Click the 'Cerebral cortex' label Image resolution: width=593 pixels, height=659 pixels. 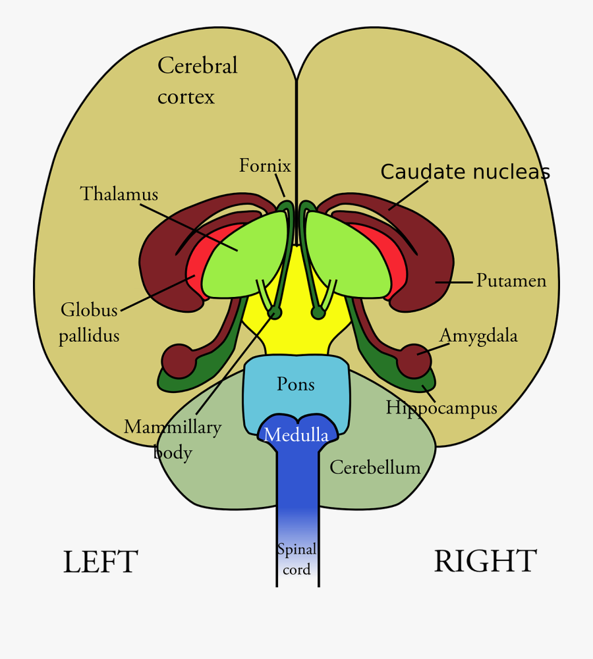197,81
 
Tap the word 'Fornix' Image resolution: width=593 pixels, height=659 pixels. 265,165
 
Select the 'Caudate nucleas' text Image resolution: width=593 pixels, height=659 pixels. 465,172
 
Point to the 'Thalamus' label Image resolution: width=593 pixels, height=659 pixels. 119,194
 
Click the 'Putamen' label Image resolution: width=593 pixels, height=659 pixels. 511,281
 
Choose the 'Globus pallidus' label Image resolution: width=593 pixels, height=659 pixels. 89,323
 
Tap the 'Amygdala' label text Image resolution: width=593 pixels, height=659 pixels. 478,336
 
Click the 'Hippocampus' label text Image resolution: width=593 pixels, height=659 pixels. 441,408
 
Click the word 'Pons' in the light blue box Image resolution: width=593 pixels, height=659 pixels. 296,384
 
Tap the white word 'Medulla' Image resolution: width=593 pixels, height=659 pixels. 296,435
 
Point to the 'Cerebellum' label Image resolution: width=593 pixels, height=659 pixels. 375,467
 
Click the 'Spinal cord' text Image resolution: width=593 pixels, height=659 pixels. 296,559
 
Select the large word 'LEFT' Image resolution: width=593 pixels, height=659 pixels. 100,562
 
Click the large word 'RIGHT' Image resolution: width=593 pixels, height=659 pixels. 485,562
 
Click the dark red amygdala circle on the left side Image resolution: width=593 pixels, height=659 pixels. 178,361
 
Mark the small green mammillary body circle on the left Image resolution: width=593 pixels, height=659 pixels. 275,313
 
